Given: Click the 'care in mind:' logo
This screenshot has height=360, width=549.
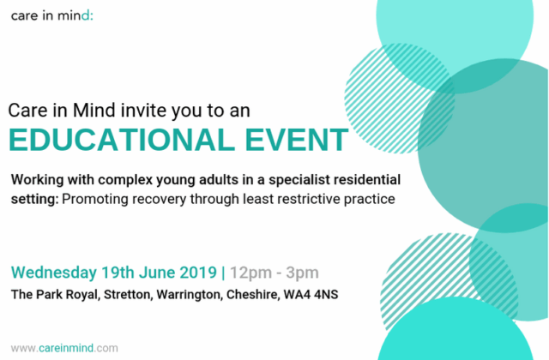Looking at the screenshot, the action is [x=52, y=15].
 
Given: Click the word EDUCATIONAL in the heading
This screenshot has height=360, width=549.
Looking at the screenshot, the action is [x=122, y=140].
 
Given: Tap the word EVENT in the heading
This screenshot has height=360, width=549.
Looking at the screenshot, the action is [x=296, y=140].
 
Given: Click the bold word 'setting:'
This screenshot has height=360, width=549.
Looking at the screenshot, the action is [x=34, y=200].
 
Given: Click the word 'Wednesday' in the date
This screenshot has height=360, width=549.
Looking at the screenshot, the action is [x=54, y=273].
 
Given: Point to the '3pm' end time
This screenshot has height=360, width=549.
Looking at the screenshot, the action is [x=302, y=273].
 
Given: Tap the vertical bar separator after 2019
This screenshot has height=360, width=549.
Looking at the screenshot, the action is [x=223, y=273].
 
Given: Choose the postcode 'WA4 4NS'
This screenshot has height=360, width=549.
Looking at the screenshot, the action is [x=311, y=295].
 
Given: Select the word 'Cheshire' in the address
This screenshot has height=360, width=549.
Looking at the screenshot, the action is [x=253, y=295].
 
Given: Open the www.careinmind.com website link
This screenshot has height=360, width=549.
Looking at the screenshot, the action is [x=64, y=348].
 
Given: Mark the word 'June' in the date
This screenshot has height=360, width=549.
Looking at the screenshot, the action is [x=157, y=273].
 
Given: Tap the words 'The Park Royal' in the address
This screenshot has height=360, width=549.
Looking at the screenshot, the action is [x=56, y=295].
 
